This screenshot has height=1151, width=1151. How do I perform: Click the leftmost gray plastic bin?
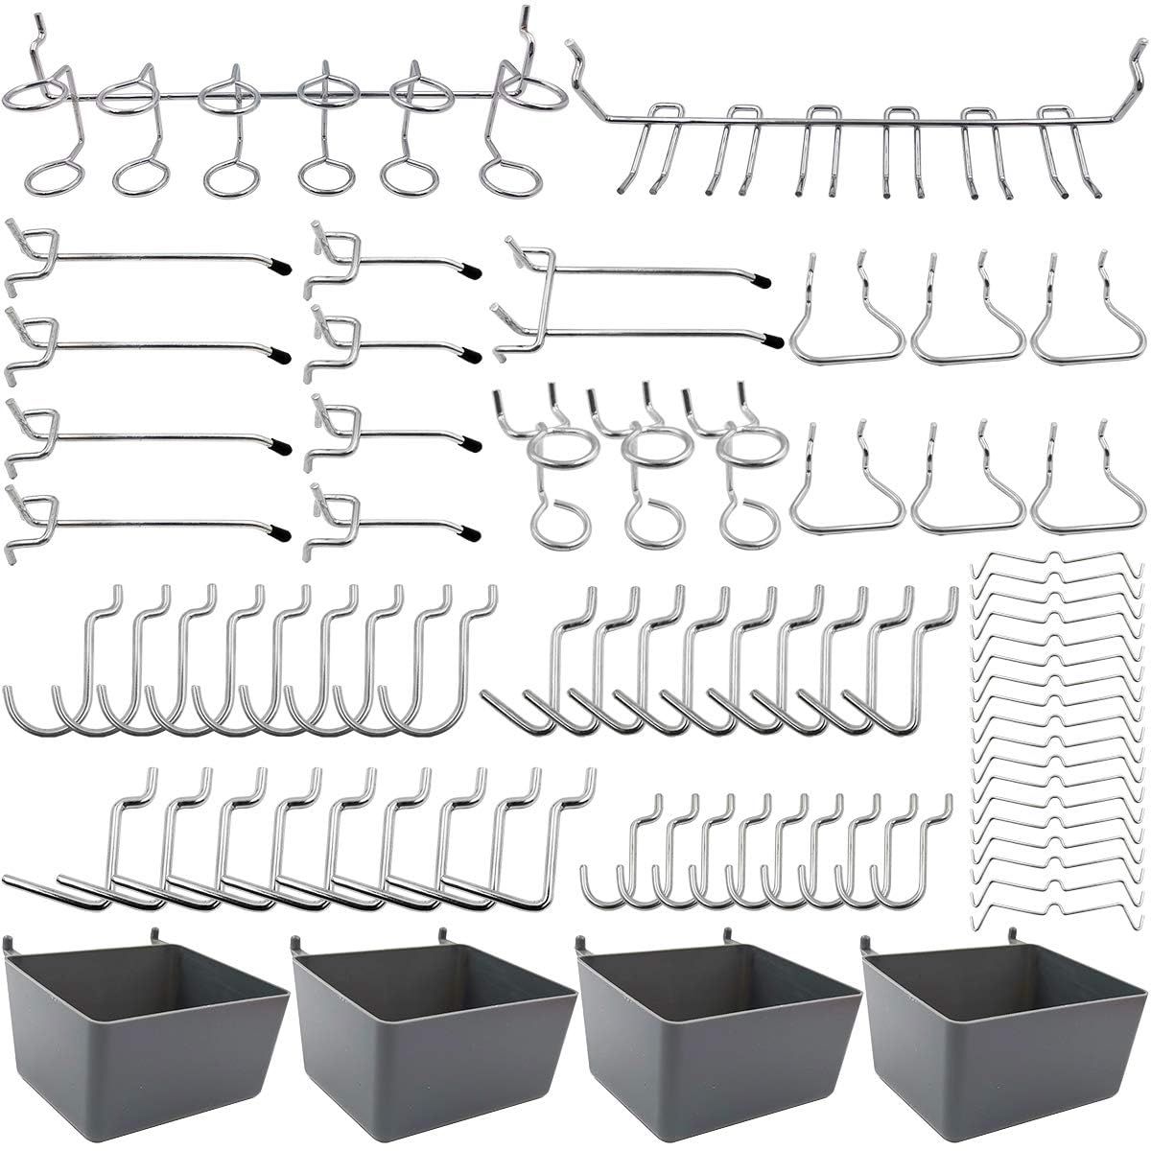(x=144, y=1026)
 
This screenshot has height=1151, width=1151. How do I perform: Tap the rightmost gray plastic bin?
(x=1002, y=1026)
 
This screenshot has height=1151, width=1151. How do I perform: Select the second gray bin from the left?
(x=432, y=1026)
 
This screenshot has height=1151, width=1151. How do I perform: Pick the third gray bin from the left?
(x=717, y=1026)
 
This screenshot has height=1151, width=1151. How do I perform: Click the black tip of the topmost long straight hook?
(x=277, y=262)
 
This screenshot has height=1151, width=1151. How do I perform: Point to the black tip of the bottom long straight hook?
(x=279, y=529)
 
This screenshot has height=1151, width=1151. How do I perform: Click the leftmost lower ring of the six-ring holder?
(x=47, y=178)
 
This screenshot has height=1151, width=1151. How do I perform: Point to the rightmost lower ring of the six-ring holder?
(x=505, y=178)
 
